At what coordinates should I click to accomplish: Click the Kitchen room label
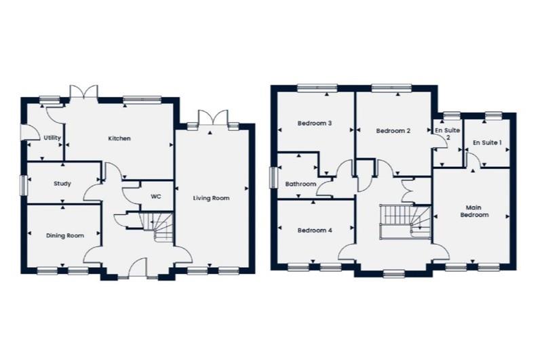point(119,138)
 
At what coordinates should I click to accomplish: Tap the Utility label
point(52,138)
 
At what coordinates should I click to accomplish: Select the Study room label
point(62,184)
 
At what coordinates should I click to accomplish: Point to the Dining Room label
point(65,236)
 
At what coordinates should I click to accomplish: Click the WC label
point(156,197)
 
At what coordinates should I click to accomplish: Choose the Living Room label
point(211,198)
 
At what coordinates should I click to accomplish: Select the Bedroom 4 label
point(315,231)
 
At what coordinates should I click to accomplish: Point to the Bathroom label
point(301,184)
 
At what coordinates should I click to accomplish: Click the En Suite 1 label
point(487,142)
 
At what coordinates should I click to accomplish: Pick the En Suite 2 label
point(448,134)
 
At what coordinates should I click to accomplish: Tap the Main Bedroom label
point(474,212)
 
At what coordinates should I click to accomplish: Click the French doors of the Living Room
point(213,118)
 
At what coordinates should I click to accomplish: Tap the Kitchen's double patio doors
point(84,93)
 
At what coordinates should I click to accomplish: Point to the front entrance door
point(138,267)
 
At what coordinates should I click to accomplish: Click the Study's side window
point(24,186)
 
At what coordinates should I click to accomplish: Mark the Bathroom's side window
point(274,178)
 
